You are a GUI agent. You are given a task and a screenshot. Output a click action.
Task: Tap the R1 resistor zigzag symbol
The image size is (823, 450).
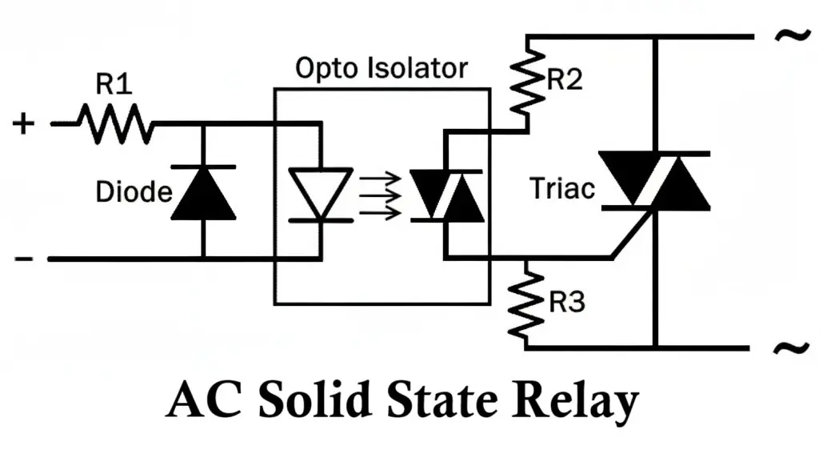(x=114, y=124)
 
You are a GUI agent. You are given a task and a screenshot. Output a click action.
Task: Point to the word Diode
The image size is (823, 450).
(x=134, y=192)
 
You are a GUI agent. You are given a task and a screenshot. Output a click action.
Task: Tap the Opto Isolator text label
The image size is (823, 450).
(x=381, y=68)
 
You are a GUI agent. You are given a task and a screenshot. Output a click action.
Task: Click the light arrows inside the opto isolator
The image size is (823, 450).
(x=378, y=195)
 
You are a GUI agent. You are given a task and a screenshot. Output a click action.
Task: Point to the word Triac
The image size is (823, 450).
(x=563, y=189)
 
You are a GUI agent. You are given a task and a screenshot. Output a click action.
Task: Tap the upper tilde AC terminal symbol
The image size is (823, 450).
(x=788, y=37)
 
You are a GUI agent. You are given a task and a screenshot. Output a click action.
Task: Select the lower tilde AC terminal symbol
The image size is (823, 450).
(x=788, y=348)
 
